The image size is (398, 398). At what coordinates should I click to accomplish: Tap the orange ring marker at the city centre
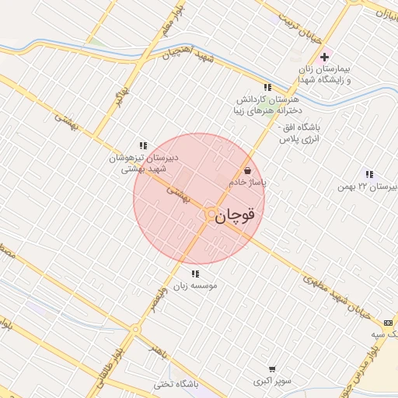coord(209,213)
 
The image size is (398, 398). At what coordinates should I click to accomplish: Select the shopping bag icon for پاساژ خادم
coord(247,169)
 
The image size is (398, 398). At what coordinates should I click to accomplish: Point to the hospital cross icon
coord(325,58)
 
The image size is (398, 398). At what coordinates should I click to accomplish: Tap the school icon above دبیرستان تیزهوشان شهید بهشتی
coord(143,145)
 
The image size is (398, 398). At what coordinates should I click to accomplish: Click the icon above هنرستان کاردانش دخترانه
coord(267,87)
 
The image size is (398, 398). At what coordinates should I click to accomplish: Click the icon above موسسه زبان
coord(194,274)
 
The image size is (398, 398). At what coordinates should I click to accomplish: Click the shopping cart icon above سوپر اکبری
coord(272,369)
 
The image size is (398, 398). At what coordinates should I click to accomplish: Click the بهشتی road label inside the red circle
coord(180,194)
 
